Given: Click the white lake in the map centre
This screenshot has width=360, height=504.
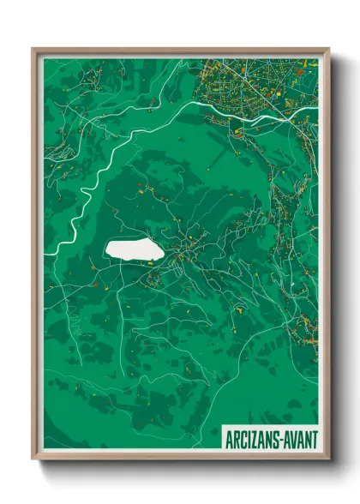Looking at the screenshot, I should pos(132,249).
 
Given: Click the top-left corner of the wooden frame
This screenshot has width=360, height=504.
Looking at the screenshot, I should pos(33,49).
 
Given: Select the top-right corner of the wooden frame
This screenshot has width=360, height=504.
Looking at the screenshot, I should pos(329,49).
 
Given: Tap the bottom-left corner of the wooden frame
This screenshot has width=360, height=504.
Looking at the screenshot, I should pos(33,459).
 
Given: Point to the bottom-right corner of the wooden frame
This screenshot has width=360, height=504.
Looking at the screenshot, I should pos(329,459).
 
